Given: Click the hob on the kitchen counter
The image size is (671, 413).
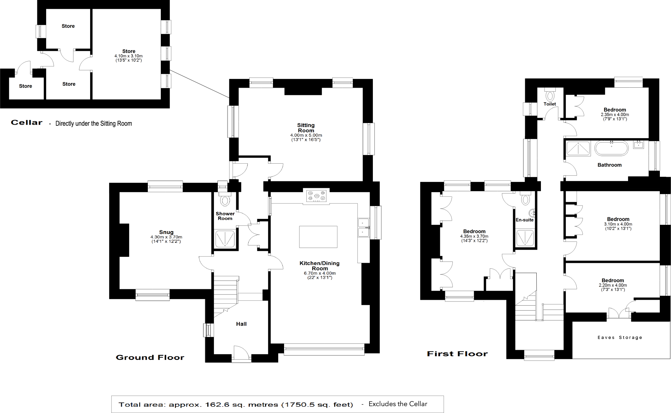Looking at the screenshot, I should tap(316, 196).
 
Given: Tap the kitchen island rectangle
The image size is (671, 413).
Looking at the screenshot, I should tap(318, 237).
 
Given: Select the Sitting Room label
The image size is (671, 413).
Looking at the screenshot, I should tap(306, 128).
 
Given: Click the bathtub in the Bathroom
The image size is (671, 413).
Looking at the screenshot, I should tap(611, 148).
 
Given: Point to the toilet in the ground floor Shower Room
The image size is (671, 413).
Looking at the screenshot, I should tap(225, 200).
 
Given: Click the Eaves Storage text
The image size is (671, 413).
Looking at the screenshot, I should tap(620, 337).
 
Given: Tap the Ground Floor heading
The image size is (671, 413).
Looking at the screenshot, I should tap(150, 357).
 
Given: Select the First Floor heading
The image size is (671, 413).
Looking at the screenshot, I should tap(457, 354).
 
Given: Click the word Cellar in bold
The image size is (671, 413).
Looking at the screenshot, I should tap(27, 122).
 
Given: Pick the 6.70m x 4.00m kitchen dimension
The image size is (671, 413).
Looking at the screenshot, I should tap(320, 273).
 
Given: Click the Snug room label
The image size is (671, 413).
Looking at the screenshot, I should tap(166, 232).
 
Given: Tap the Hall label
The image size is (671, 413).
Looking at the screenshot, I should tap(241, 324).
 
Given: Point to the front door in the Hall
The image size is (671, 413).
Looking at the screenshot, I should tap(241, 354).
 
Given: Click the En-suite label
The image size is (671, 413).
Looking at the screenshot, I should tap(525, 220).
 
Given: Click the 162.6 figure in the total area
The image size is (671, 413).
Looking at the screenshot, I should tap(215, 405).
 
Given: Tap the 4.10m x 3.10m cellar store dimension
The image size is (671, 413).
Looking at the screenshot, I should tap(128, 56).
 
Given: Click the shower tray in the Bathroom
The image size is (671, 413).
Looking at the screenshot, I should tap(579, 148).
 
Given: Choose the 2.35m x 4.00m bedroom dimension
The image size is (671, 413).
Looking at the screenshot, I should tap(615, 115).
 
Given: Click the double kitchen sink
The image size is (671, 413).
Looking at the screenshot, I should tap(363, 227).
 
